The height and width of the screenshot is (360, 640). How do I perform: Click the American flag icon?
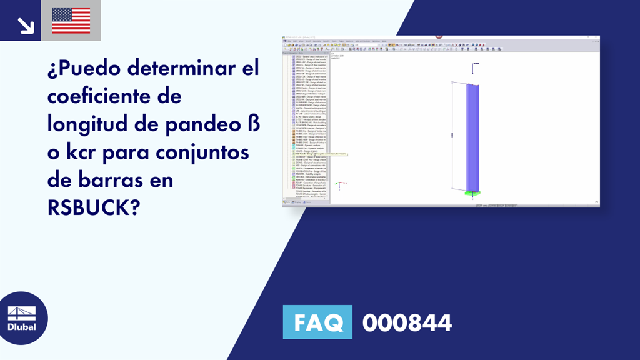pos(71,21)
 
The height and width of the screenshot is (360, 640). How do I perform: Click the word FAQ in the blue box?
pos(317,322)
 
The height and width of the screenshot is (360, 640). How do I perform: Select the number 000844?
pos(407,323)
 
